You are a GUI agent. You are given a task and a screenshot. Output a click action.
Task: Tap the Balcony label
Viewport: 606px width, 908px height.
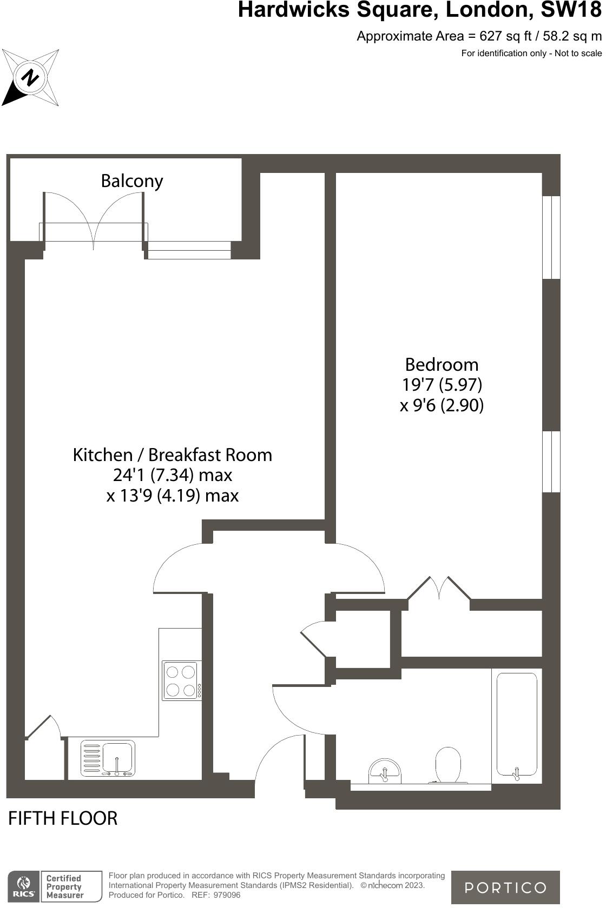(131, 181)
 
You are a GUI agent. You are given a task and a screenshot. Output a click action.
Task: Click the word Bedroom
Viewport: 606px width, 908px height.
(442, 364)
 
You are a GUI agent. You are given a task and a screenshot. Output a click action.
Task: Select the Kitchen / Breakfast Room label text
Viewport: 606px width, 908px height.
(172, 455)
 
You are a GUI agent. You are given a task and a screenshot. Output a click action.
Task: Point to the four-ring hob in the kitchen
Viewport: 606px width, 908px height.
(181, 681)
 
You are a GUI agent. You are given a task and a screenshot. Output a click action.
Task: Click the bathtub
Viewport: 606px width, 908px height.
(517, 724)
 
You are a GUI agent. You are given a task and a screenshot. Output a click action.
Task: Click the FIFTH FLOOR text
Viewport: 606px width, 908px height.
(63, 818)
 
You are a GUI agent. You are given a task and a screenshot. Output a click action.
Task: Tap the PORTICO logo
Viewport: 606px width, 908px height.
(505, 887)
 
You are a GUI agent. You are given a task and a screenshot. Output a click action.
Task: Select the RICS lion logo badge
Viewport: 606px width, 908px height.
(23, 886)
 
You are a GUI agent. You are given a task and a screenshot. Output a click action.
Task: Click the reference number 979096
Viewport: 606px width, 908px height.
(227, 895)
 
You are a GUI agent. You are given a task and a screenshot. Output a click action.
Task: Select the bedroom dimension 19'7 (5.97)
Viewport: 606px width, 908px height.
(442, 385)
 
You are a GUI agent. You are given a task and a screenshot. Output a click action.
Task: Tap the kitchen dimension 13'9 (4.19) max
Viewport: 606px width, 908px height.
(172, 495)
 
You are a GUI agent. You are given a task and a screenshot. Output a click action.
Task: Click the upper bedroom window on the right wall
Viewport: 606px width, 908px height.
(551, 237)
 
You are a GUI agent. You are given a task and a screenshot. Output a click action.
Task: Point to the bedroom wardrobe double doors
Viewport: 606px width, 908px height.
(439, 590)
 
